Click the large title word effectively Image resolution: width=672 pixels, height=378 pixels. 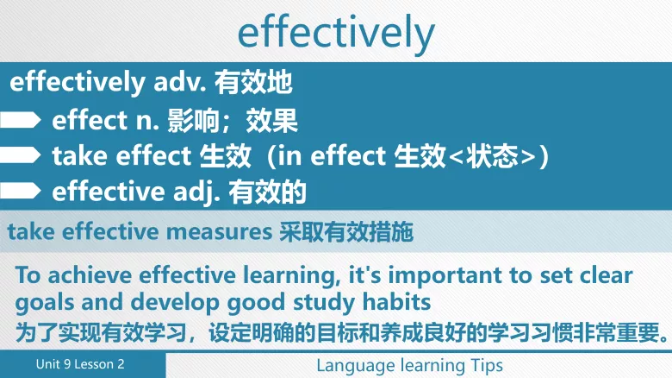click(x=336, y=33)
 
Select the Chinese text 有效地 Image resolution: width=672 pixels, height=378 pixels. click(x=254, y=83)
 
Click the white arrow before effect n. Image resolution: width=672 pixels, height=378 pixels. click(x=21, y=119)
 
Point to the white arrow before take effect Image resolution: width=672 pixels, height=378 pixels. click(x=21, y=155)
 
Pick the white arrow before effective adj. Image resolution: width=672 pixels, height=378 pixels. click(x=21, y=191)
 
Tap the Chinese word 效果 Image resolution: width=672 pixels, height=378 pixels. click(x=272, y=120)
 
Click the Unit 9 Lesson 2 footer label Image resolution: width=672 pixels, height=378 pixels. click(x=80, y=364)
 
